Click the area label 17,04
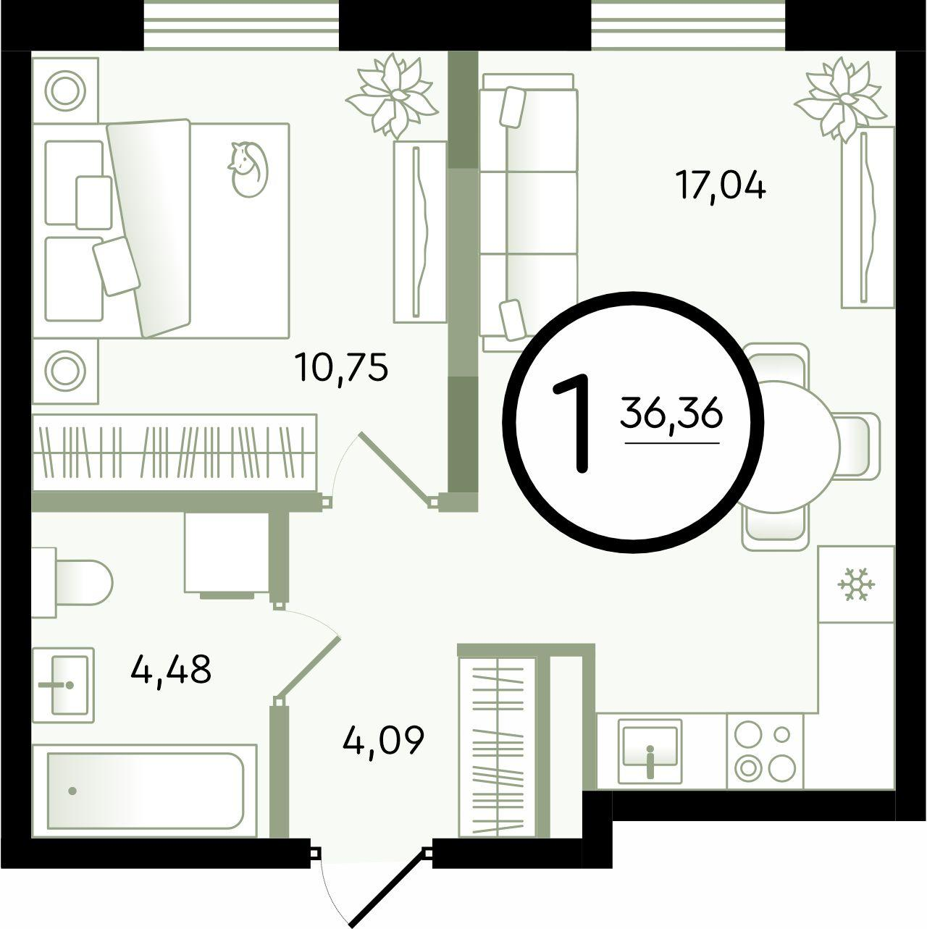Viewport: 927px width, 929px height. (x=721, y=187)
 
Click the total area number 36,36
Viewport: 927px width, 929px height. (x=672, y=414)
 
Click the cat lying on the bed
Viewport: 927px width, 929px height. (x=248, y=169)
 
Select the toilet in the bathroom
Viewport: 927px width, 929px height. (x=72, y=583)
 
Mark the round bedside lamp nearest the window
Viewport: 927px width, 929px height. (x=64, y=90)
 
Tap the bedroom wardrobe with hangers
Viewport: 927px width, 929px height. (x=175, y=453)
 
